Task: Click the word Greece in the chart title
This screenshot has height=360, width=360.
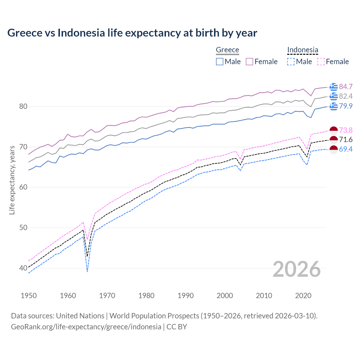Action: (24, 33)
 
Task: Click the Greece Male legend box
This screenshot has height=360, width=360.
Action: (220, 62)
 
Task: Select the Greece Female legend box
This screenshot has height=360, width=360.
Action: (249, 62)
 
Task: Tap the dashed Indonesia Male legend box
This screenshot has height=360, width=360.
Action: (291, 62)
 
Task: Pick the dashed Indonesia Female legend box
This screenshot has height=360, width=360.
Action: (321, 62)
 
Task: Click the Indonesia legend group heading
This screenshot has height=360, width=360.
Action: (303, 50)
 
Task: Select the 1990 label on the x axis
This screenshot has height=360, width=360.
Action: (186, 296)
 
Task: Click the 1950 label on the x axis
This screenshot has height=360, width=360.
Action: (29, 296)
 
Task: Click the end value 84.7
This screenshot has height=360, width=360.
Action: (346, 87)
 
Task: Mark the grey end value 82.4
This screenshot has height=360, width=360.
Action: (346, 96)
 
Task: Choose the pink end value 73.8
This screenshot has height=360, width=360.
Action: (346, 130)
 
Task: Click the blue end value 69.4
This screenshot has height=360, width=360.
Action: (346, 149)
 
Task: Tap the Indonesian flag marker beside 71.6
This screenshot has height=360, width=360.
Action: (334, 140)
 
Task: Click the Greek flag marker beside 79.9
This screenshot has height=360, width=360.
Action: (334, 106)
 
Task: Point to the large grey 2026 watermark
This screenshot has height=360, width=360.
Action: (297, 269)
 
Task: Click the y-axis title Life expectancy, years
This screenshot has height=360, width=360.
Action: (12, 180)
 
